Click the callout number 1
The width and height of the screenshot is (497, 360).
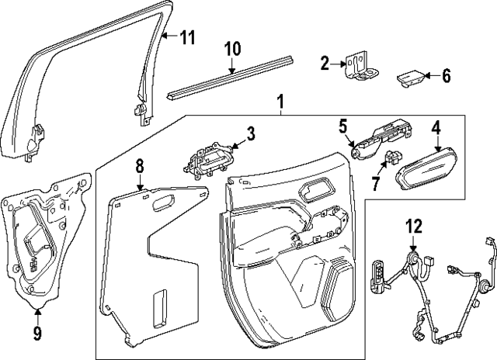(280, 102)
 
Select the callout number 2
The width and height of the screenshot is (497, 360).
(325, 63)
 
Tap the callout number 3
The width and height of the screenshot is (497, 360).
(249, 134)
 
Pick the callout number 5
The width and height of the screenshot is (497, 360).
(342, 124)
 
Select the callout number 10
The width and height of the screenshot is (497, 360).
(232, 49)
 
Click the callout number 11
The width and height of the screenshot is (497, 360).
(187, 37)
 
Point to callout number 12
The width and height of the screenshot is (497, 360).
(413, 227)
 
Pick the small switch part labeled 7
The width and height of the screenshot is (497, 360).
(391, 161)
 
